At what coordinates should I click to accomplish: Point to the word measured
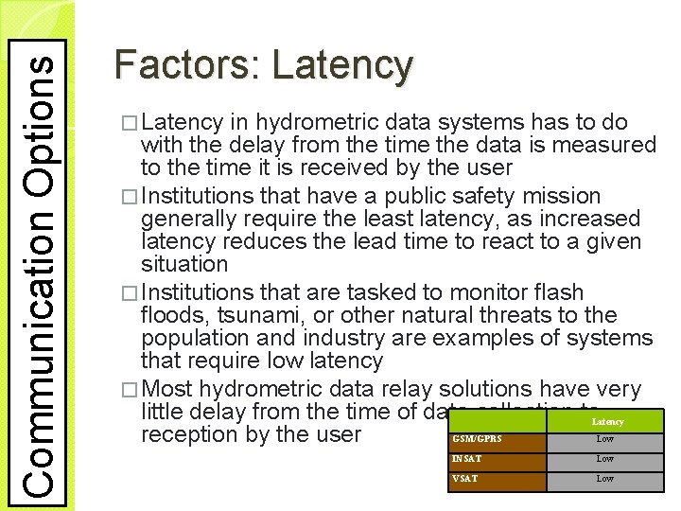coord(606,146)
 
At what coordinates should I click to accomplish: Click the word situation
coord(184,265)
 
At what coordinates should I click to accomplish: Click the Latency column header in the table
coord(607,421)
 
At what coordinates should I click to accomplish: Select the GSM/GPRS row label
coord(478,440)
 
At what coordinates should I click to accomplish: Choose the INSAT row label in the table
coord(468,459)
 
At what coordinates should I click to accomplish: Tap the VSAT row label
coord(466,479)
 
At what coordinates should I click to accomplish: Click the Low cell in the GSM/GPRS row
coord(605,440)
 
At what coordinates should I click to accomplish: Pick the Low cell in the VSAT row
coord(605,479)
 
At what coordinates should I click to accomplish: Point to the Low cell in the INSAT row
coord(605,459)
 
